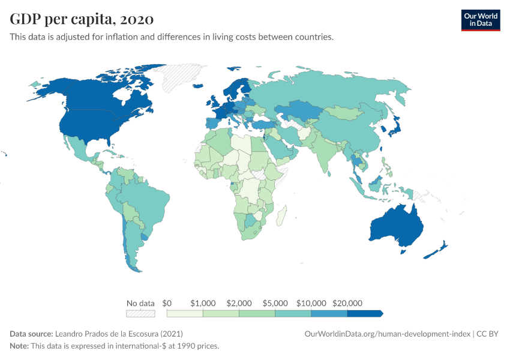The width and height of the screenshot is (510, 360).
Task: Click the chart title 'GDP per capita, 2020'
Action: [82, 19]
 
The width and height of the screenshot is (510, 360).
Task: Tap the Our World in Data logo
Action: [480, 20]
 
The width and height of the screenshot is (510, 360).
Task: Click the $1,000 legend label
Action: [203, 303]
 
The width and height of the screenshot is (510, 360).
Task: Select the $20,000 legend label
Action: [347, 303]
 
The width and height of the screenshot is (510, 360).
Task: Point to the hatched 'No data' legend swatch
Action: [140, 313]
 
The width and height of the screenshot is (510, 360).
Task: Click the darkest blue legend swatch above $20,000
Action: [364, 313]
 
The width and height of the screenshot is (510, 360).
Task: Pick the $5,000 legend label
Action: [275, 303]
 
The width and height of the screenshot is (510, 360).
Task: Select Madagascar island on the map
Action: [282, 214]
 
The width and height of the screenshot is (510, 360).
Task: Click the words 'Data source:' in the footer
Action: [31, 334]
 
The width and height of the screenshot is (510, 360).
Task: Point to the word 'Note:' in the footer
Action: [20, 346]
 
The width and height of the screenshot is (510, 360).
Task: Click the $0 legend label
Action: [167, 303]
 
